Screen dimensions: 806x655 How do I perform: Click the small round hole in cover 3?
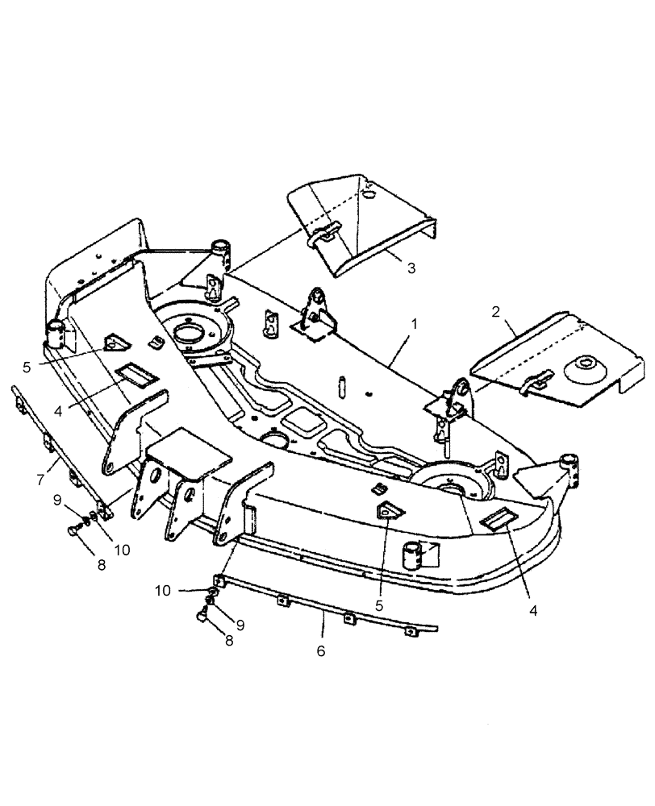click(369, 194)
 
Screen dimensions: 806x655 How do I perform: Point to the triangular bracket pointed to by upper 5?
click(115, 344)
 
